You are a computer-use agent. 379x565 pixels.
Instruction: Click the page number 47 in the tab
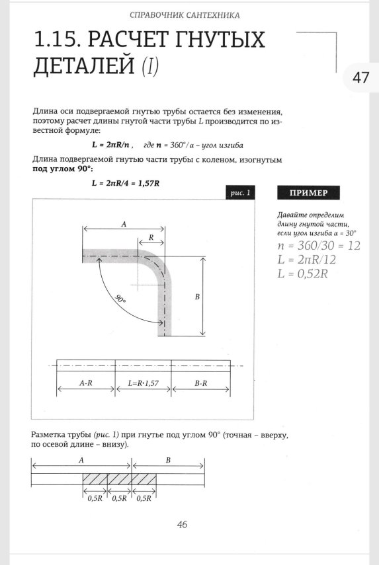(x=360, y=77)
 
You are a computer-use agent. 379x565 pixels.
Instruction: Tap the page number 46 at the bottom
(x=183, y=525)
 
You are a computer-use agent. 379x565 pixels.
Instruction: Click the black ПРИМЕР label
(x=308, y=193)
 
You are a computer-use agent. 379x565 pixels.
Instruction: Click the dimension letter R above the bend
(x=151, y=237)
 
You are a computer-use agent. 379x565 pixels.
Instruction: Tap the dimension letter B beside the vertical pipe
(x=196, y=298)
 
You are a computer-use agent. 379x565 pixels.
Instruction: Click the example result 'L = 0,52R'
(x=303, y=274)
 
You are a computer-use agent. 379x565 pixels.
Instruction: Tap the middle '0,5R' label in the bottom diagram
(x=119, y=498)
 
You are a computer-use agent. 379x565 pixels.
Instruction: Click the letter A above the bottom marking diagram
(x=81, y=459)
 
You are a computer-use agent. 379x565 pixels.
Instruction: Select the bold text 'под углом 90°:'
(x=60, y=169)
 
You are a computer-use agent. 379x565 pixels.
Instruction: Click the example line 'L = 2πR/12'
(x=307, y=260)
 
